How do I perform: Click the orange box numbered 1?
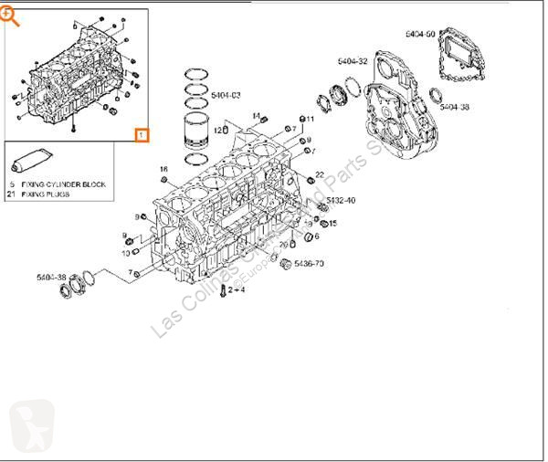(x=142, y=135)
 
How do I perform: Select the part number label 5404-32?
(x=353, y=61)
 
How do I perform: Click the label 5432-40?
(x=342, y=200)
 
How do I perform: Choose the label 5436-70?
(x=311, y=264)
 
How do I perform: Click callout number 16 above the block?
(x=163, y=169)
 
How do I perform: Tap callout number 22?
(x=319, y=173)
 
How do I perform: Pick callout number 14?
(x=256, y=116)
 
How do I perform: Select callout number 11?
(x=310, y=119)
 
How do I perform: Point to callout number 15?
(x=332, y=223)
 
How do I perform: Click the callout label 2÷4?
(x=237, y=289)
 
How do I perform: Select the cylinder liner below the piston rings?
(x=200, y=134)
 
